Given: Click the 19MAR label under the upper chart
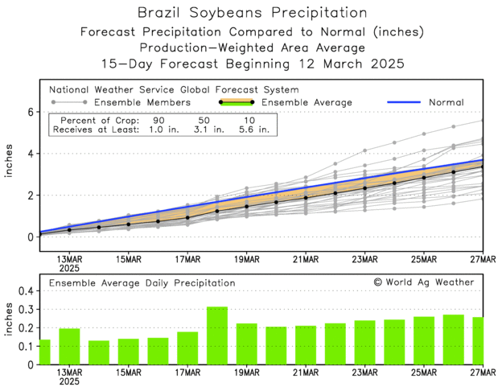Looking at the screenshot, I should [x=246, y=259].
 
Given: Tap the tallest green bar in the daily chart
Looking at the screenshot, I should [x=216, y=335].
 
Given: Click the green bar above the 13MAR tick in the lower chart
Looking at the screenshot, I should [x=69, y=346].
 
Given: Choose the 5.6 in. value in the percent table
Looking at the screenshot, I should [x=250, y=129].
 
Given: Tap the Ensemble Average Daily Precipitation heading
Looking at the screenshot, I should [x=142, y=283].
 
